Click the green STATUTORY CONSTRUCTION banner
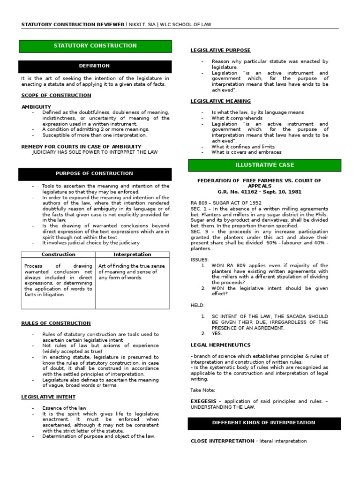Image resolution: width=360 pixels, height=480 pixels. pyautogui.click(x=95, y=46)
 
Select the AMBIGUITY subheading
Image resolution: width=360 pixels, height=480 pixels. pyautogui.click(x=36, y=107)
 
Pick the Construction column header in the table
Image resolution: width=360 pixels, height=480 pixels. pyautogui.click(x=58, y=255)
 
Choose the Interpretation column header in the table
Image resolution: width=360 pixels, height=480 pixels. pyautogui.click(x=132, y=255)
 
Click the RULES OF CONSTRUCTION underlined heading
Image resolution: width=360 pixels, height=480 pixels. pyautogui.click(x=56, y=323)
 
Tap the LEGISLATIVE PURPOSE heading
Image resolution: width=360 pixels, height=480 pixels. pyautogui.click(x=220, y=50)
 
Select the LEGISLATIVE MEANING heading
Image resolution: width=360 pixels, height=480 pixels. pyautogui.click(x=220, y=101)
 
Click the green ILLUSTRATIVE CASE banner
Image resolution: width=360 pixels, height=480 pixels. pyautogui.click(x=265, y=165)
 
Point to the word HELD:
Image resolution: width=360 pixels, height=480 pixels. pyautogui.click(x=197, y=305)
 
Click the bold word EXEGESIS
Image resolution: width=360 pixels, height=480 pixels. pyautogui.click(x=203, y=401)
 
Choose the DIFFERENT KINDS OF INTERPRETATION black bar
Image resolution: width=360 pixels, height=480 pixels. pyautogui.click(x=265, y=423)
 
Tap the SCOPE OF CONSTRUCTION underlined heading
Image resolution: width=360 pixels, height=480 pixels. pyautogui.click(x=56, y=96)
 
